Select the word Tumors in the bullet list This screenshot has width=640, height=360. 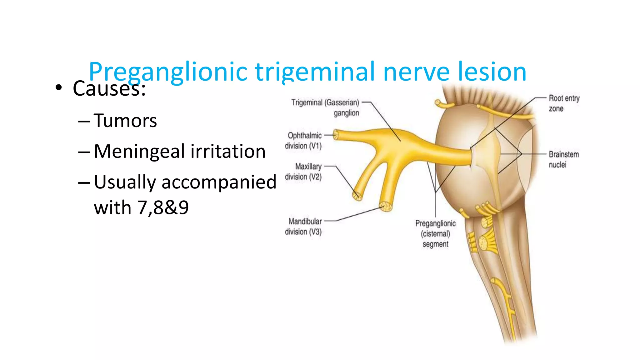tap(125, 121)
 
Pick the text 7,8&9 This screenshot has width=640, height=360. tap(163, 207)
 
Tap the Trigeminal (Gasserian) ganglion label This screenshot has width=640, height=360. tap(325, 107)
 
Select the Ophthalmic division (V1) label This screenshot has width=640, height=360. tap(303, 141)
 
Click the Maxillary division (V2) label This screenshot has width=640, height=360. tap(303, 172)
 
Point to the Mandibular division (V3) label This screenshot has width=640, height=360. tap(303, 227)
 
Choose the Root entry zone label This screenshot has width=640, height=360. tap(564, 103)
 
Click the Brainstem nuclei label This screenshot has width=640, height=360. tap(563, 159)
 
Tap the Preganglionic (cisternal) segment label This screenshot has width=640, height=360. tap(435, 234)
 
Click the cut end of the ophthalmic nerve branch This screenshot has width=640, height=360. tap(335, 135)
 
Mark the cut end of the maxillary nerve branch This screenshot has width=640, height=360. tap(357, 196)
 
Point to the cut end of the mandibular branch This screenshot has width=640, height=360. tap(386, 207)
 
